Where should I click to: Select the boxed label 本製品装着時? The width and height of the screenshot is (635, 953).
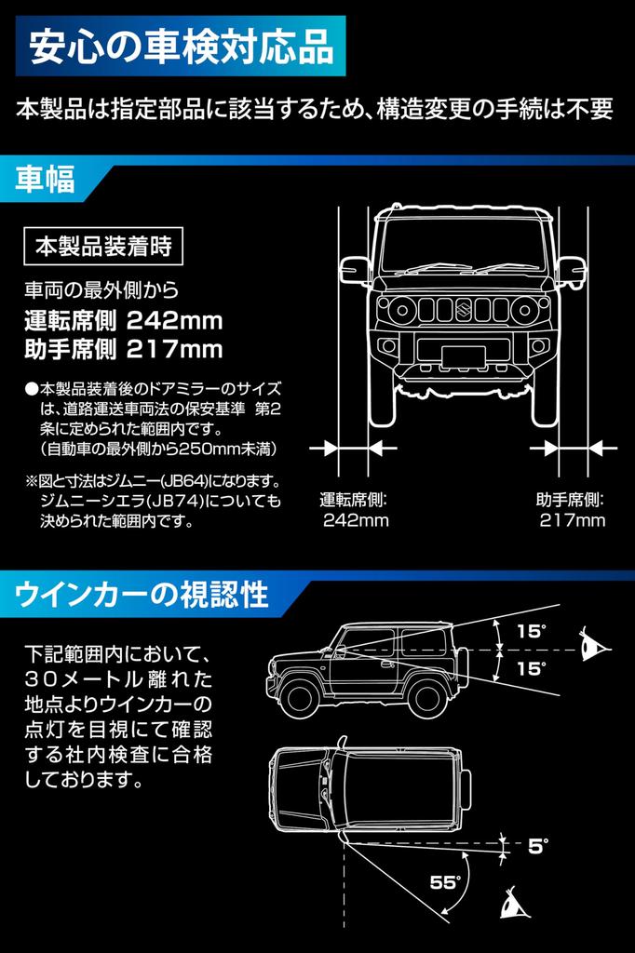102,248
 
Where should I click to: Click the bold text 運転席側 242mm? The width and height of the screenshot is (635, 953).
123,321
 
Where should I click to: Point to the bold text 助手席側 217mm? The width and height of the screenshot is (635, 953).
123,350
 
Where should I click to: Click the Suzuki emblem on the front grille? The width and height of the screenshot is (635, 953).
463,308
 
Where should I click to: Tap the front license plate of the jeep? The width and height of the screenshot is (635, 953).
463,355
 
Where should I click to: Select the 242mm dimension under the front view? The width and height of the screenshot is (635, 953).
355,520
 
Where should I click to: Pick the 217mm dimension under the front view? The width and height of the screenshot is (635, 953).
572,520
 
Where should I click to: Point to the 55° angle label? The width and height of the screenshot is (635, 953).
446,881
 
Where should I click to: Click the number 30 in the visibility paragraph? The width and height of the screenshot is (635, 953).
44,677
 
